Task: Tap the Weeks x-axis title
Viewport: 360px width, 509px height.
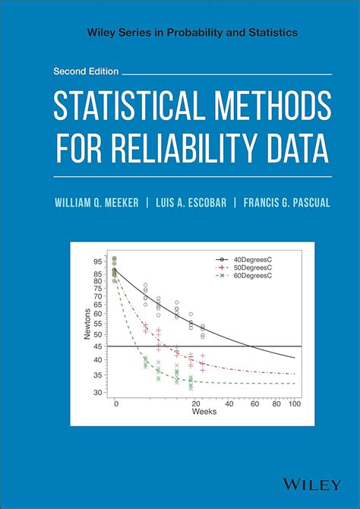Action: coord(204,411)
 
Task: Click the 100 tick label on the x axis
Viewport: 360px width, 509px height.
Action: coord(294,403)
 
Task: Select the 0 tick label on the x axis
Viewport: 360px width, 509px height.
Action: coord(116,403)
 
